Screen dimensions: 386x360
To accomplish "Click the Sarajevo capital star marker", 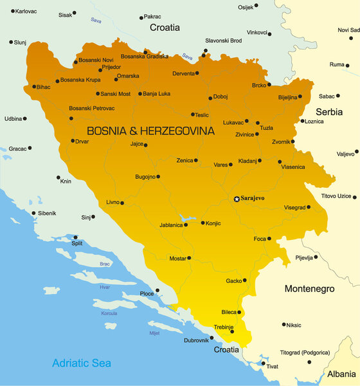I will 237,199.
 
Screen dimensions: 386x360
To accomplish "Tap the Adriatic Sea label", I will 82,363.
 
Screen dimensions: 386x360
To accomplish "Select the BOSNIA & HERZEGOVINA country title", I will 150,131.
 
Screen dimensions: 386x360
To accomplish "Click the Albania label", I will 340,373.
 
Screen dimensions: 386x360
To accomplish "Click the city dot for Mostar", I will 189,259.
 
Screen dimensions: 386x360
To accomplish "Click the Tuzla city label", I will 267,127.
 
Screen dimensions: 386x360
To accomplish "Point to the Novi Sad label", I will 348,30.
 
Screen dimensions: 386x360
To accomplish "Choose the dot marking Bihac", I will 34,86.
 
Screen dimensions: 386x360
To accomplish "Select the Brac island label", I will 105,264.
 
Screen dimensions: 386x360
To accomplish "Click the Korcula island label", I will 109,313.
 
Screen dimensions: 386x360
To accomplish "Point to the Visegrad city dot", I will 309,207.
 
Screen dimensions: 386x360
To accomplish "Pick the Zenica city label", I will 183,160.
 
